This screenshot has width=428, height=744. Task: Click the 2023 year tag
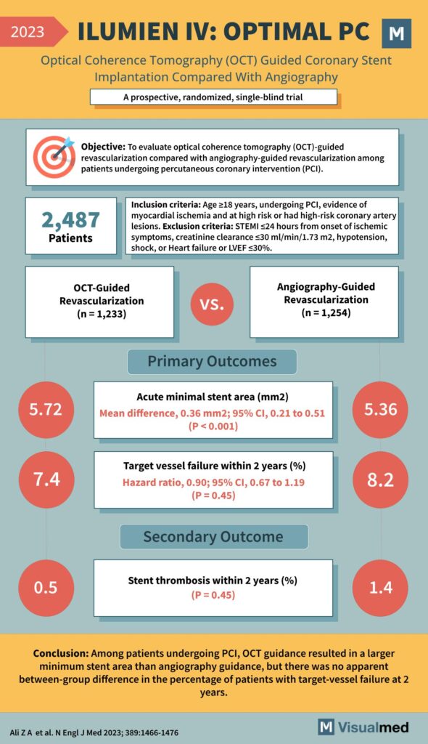pos(29,32)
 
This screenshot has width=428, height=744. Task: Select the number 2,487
pos(70,219)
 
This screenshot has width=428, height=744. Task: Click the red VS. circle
pos(212,302)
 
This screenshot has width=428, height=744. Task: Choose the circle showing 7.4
pos(45,480)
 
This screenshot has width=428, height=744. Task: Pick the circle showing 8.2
pos(382,480)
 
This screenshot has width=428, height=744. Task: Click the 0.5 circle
pos(45,587)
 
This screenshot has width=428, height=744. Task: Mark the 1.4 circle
pos(382,587)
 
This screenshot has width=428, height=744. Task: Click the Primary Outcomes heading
pos(212,361)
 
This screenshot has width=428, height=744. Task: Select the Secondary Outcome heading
pos(213,537)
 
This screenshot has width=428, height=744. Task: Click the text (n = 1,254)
pos(324,313)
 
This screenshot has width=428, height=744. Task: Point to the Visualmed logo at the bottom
pos(364,727)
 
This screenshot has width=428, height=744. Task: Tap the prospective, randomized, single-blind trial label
pos(213,97)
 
